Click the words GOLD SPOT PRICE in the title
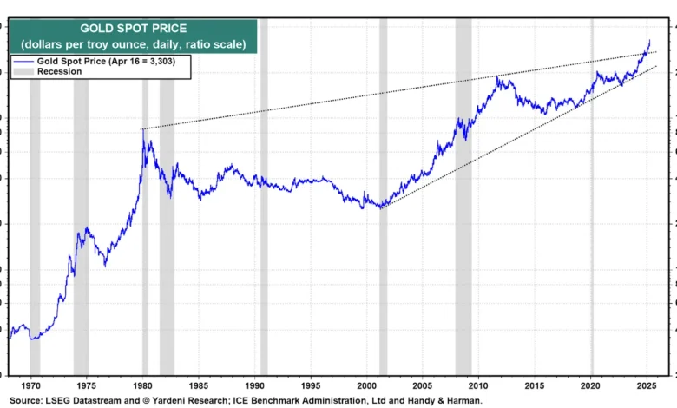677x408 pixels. tap(134, 29)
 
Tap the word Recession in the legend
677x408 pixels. tap(59, 71)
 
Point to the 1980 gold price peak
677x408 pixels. tap(142, 129)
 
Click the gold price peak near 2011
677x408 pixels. tap(496, 76)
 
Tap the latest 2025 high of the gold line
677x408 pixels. tap(649, 40)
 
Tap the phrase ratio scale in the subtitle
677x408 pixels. tap(213, 43)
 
